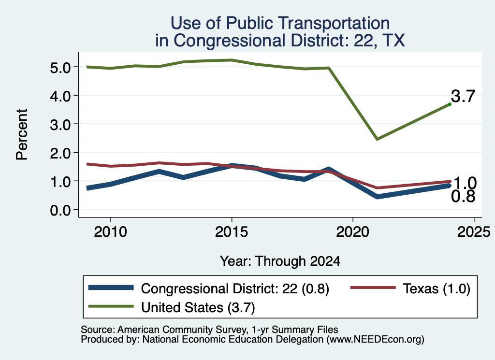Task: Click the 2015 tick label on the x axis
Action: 232,232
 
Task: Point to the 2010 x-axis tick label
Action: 110,232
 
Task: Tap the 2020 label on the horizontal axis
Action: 352,232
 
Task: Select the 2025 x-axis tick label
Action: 474,232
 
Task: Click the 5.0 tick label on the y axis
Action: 60,67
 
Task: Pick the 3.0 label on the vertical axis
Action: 60,124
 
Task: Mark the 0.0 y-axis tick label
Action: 60,210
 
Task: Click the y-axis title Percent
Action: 22,134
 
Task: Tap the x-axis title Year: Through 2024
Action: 280,261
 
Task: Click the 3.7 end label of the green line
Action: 463,96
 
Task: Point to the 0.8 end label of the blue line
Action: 463,197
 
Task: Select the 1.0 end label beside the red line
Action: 465,183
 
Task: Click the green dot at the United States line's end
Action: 450,104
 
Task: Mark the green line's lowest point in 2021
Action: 377,139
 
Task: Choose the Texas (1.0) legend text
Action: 437,288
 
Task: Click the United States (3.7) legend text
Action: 198,307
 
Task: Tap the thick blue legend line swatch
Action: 111,288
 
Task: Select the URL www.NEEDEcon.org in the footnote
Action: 375,339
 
